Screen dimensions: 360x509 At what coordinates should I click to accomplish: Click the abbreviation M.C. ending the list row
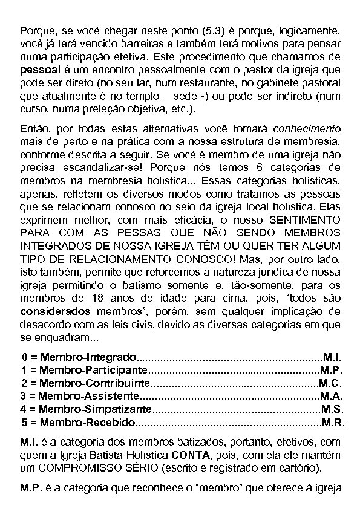point(332,383)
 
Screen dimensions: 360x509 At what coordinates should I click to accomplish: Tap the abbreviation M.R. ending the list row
point(333,423)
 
